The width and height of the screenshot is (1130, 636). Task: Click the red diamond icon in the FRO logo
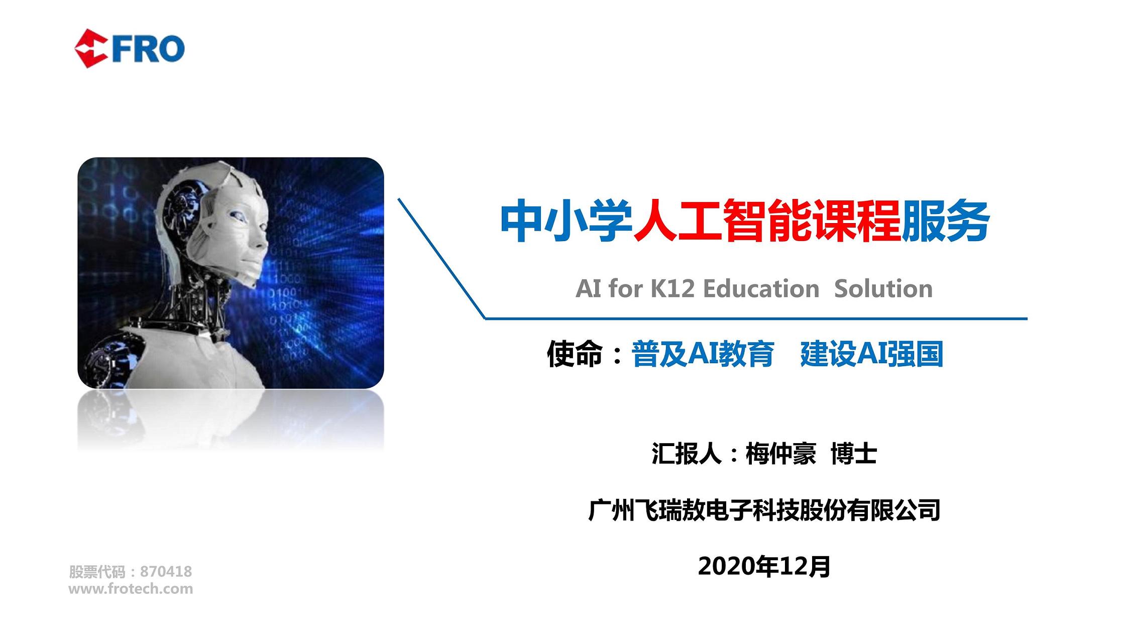(91, 49)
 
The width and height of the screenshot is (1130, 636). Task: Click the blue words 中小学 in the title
(567, 221)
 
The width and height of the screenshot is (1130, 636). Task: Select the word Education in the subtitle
(761, 289)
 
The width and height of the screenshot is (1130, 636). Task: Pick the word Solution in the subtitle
(883, 289)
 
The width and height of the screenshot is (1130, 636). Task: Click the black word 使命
(575, 354)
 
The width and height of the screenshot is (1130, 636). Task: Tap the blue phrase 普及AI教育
(703, 354)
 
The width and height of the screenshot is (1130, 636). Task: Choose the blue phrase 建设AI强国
(872, 354)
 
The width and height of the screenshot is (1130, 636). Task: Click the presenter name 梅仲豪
(781, 454)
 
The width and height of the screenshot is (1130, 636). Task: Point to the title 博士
(854, 454)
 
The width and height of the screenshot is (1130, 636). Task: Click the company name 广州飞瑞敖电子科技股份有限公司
(764, 510)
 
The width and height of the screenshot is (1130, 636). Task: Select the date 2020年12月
(764, 566)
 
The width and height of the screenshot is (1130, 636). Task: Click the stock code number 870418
(166, 572)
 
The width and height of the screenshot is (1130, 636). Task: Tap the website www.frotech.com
(131, 589)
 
